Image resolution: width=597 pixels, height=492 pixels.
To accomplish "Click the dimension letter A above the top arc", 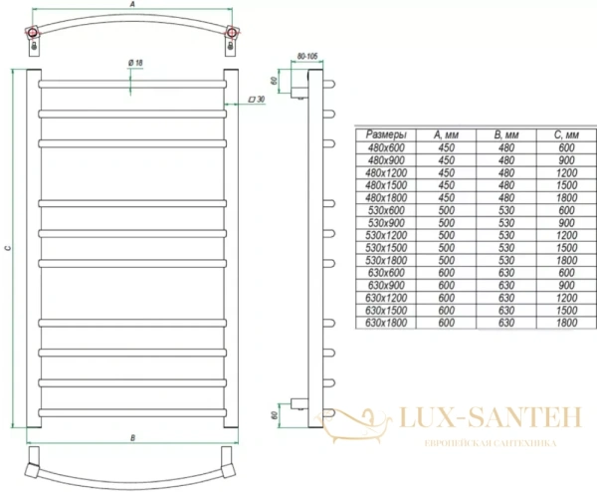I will point(133,6).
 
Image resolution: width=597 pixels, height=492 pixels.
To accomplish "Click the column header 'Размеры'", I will point(385,134).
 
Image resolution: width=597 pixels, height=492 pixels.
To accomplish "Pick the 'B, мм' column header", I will point(506,134).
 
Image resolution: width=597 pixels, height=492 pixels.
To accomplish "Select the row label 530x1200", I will point(385,234).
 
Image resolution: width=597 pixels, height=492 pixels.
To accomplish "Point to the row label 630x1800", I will point(385,321).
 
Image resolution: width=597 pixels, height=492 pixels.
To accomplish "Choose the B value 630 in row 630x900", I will point(506,284).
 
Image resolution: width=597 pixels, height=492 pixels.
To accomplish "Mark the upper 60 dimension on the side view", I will point(276,83).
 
